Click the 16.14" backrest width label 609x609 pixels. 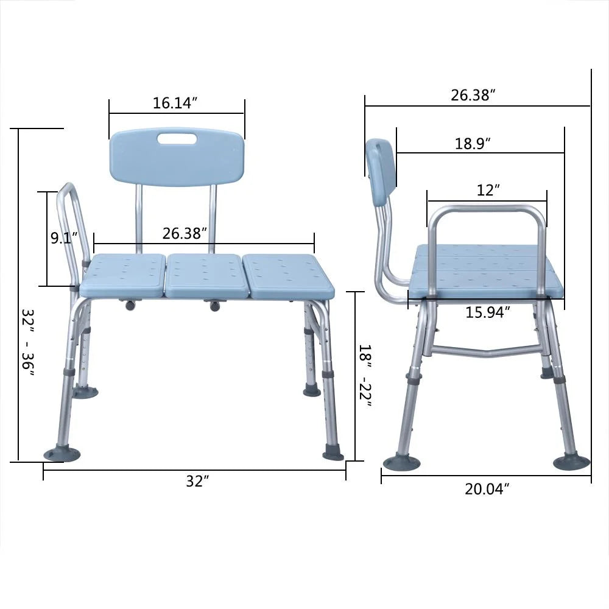click(x=175, y=103)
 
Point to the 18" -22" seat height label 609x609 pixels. click(x=364, y=375)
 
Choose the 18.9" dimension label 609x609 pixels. click(x=473, y=144)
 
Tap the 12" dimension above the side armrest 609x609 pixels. click(x=488, y=190)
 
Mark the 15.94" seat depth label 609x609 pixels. click(x=487, y=312)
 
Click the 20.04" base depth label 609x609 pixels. click(x=487, y=488)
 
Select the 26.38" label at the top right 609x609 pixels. click(x=473, y=95)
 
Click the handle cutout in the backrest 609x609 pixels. click(x=177, y=139)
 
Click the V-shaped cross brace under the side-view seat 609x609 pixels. click(x=487, y=351)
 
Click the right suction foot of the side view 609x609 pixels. click(x=571, y=462)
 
